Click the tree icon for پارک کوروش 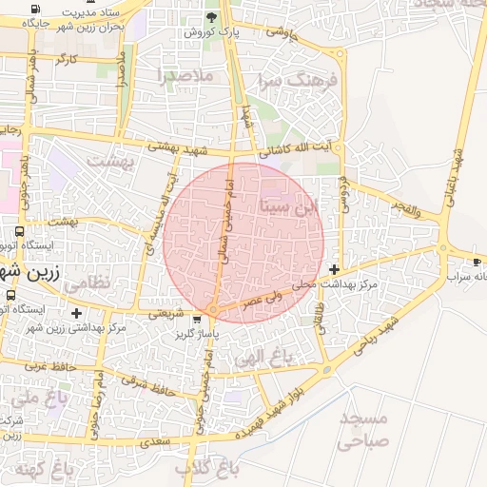pos(211,18)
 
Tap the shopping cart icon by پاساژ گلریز pos(197,320)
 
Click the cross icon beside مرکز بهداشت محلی pos(334,270)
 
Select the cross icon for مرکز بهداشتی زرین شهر pos(77,313)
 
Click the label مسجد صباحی pos(363,429)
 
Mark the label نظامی pos(92,282)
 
